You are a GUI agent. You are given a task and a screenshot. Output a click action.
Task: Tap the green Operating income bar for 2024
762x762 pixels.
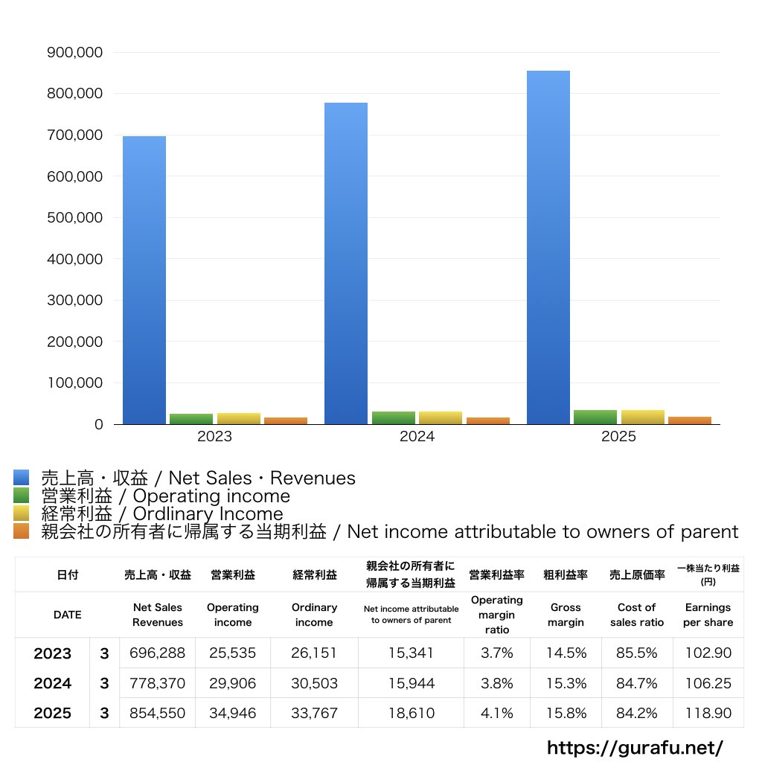394,417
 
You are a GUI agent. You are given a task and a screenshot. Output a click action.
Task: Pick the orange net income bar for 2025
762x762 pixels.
690,420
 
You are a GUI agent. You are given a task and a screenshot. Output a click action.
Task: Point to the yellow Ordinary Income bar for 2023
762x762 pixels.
239,418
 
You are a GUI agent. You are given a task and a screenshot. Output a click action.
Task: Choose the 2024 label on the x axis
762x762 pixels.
417,437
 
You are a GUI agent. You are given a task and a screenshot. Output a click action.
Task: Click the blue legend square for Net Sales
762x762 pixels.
21,478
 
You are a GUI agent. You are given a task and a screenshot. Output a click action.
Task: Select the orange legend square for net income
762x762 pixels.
21,531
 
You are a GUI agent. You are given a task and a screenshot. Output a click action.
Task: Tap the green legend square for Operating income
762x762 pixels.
21,496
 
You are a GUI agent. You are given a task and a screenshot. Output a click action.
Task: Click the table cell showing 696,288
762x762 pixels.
157,653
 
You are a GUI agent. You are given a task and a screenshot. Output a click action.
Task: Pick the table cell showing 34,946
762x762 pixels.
232,713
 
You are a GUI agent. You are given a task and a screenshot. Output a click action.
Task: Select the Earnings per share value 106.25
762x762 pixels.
708,683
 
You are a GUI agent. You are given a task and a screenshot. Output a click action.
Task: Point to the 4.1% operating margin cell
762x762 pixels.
496,713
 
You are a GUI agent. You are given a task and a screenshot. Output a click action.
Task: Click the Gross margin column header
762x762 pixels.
566,615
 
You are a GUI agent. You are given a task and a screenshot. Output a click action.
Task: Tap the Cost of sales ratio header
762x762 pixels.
636,615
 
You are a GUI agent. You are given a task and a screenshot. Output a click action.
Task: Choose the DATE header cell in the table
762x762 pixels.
67,615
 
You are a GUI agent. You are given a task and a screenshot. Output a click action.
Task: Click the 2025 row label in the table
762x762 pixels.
53,713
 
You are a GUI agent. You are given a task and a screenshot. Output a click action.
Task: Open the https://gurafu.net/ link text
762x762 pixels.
635,747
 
